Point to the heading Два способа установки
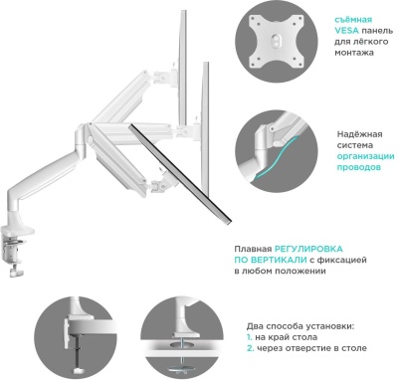299,324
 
